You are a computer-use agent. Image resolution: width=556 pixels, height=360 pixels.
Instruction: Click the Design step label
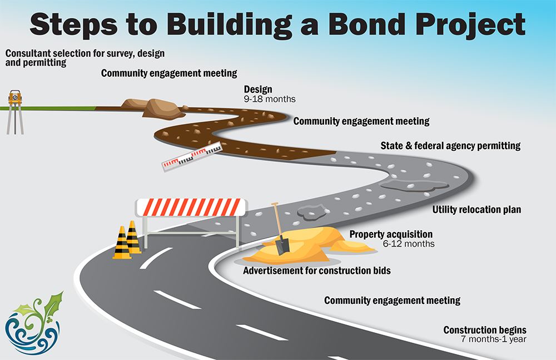tap(258, 90)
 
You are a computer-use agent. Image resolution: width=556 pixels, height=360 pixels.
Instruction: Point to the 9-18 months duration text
tap(270, 99)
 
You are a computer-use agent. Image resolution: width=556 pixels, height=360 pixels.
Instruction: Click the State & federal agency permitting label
tap(450, 146)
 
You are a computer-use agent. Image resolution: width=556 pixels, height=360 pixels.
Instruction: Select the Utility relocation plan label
tap(476, 210)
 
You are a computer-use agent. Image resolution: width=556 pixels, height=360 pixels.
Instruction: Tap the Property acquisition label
tap(390, 234)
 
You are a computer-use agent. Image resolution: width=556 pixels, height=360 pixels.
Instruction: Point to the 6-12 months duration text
tap(409, 244)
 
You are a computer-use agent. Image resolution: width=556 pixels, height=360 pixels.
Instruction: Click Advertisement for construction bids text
tap(317, 271)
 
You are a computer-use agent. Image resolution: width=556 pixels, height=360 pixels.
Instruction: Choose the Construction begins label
tap(484, 330)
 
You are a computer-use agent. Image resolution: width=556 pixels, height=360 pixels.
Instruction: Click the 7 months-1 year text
tap(493, 339)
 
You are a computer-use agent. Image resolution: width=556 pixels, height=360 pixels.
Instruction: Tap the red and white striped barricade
tap(191, 207)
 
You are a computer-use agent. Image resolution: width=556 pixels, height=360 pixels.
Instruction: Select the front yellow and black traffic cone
tap(122, 245)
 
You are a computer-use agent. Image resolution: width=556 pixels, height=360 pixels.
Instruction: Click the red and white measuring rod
tap(191, 156)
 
